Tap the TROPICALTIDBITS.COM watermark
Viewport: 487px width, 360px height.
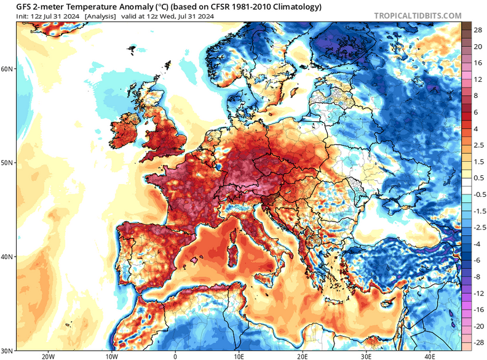coord(417,15)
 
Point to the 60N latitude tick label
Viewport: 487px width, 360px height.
coord(7,69)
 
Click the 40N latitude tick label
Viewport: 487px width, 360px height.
coord(7,257)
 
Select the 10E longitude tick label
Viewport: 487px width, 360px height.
coord(239,355)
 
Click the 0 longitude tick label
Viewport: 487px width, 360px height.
coord(175,355)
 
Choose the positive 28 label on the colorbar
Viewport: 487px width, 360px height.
coord(476,30)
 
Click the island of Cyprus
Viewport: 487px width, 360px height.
coord(387,303)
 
